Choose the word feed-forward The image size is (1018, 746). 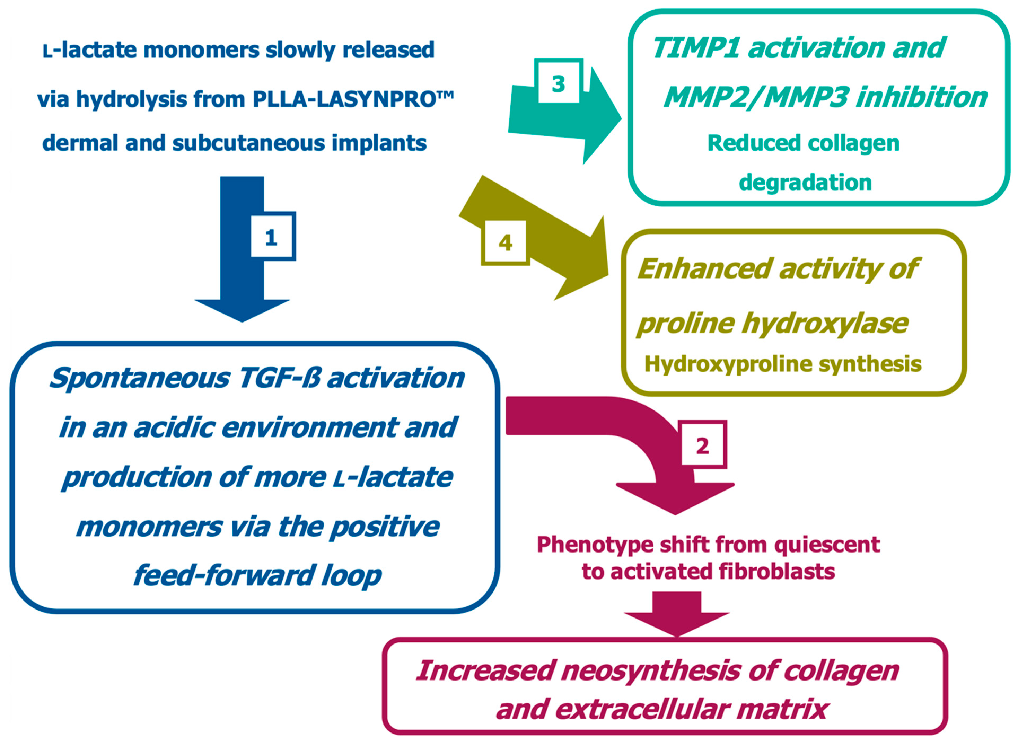click(223, 576)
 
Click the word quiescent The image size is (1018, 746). click(827, 545)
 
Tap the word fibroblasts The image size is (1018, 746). click(776, 572)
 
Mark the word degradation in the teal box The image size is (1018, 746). click(805, 182)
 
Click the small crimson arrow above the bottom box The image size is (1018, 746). click(677, 616)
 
